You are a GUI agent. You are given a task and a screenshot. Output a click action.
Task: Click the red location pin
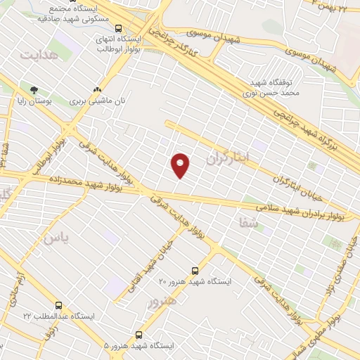point(181,165)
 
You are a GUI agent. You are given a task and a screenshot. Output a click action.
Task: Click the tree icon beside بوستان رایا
point(33,89)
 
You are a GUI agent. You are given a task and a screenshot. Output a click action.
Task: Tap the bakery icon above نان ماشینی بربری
point(98,89)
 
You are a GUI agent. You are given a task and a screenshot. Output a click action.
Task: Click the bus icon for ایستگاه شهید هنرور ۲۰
point(195,271)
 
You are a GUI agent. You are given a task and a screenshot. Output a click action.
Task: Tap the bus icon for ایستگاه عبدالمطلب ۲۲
point(58,306)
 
